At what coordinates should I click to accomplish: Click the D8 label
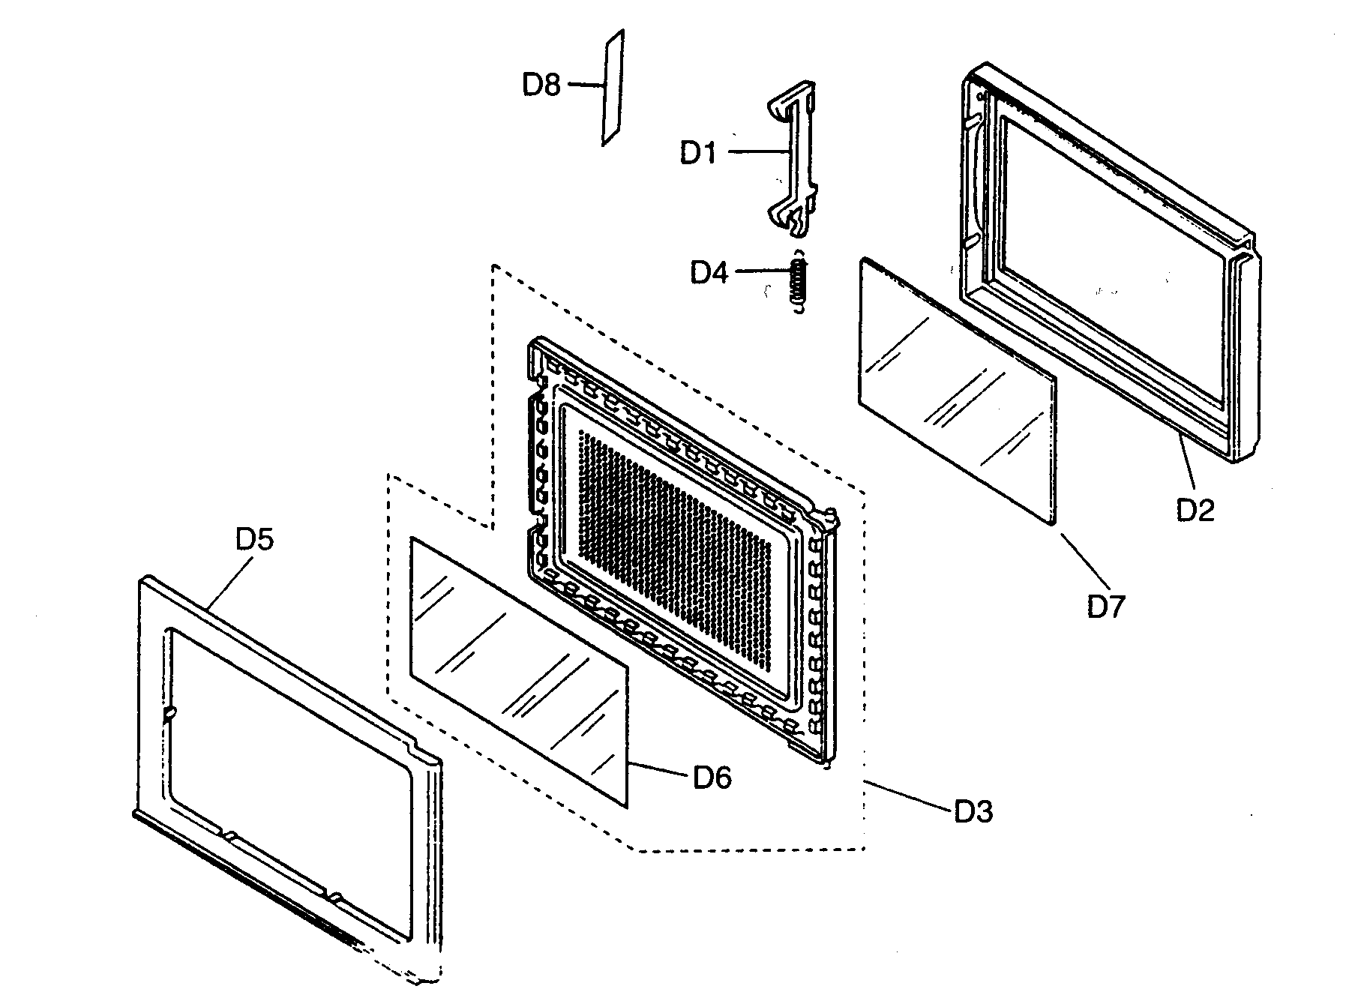pyautogui.click(x=541, y=85)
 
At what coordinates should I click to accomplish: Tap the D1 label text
pyautogui.click(x=698, y=153)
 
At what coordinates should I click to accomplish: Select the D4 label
pyautogui.click(x=709, y=273)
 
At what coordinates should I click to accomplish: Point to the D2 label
pyautogui.click(x=1195, y=510)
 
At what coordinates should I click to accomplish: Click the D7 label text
pyautogui.click(x=1107, y=606)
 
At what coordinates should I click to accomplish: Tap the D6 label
pyautogui.click(x=712, y=778)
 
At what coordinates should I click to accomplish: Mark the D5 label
pyautogui.click(x=255, y=540)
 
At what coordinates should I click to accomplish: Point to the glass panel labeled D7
pyautogui.click(x=956, y=390)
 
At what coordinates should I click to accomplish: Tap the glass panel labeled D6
pyautogui.click(x=517, y=671)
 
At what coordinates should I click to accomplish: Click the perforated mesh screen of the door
pyautogui.click(x=675, y=540)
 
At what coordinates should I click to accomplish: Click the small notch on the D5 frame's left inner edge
pyautogui.click(x=170, y=713)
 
